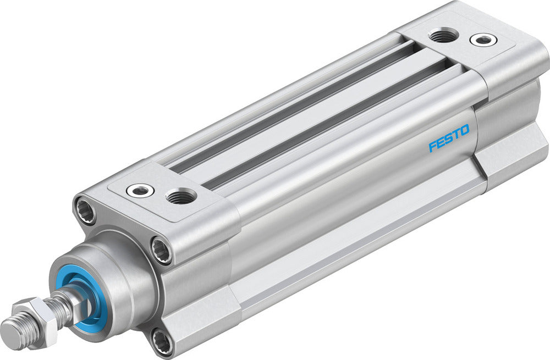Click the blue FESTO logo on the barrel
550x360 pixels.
tap(449, 138)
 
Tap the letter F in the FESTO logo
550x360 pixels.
tap(433, 146)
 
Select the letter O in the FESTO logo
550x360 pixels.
tap(465, 130)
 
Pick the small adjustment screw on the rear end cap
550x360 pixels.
tap(482, 40)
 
